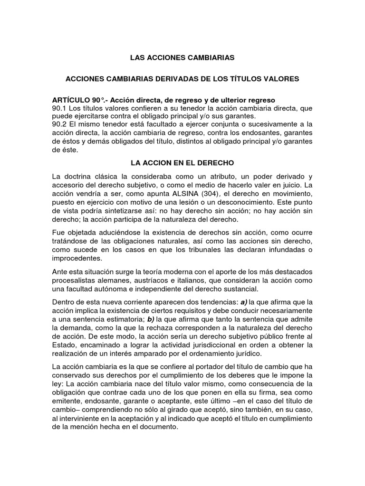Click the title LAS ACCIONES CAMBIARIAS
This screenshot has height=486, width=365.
(x=182, y=58)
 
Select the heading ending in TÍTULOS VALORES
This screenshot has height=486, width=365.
(x=182, y=79)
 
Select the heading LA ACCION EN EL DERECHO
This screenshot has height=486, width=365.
(x=182, y=163)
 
